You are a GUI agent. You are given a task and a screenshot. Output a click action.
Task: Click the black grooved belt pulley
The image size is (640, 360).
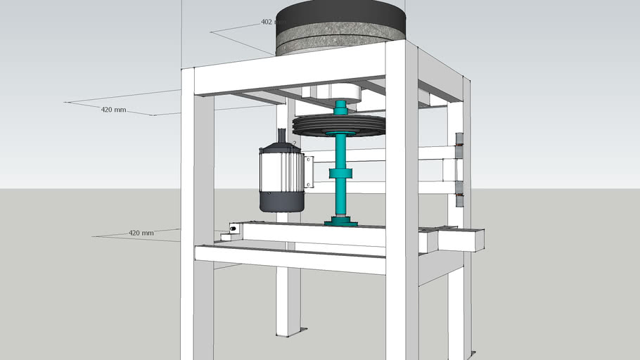pos(339,126)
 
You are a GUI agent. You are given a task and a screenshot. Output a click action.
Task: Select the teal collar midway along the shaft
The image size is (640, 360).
pos(341,174)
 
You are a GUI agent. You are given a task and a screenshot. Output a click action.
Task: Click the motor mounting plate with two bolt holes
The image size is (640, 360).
pos(308,172)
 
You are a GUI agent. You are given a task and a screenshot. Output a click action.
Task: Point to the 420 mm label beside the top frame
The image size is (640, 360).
pos(113,110)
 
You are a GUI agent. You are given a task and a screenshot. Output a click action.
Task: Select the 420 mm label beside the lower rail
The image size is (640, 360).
pos(141,233)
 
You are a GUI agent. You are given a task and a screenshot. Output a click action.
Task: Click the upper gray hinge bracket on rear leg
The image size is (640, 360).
pos(460,146)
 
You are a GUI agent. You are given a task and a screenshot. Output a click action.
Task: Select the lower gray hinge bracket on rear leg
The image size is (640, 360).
pos(460,194)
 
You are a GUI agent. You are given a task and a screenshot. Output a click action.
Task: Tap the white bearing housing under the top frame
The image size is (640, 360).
pos(331,91)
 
